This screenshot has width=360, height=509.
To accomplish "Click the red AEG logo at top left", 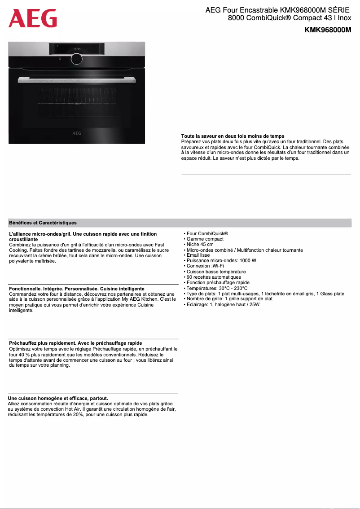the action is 33,19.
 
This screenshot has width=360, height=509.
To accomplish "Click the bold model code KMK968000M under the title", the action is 328,30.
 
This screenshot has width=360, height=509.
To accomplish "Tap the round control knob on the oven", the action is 77,58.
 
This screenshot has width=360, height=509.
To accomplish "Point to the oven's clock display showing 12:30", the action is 77,48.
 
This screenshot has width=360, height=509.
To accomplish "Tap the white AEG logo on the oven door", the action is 77,133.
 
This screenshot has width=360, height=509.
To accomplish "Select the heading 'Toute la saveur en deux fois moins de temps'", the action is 233,136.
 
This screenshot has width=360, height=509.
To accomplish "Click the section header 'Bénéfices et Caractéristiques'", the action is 43,223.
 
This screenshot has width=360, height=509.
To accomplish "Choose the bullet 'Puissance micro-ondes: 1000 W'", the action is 221,261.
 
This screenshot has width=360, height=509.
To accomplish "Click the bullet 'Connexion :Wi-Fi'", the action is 205,266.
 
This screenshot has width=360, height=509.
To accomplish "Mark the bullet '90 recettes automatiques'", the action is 214,277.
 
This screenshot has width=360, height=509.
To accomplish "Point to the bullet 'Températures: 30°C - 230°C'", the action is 217,288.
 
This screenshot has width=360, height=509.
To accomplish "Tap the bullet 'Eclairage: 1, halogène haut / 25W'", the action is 223,304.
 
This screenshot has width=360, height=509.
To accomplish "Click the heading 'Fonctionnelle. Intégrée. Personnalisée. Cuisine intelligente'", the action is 77,289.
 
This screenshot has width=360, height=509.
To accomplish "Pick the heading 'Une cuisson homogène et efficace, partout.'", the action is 58,398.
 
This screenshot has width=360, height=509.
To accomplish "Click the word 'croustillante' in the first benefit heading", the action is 23,239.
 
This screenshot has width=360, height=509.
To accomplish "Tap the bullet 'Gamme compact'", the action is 205,239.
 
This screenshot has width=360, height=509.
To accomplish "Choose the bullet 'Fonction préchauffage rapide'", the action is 218,282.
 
